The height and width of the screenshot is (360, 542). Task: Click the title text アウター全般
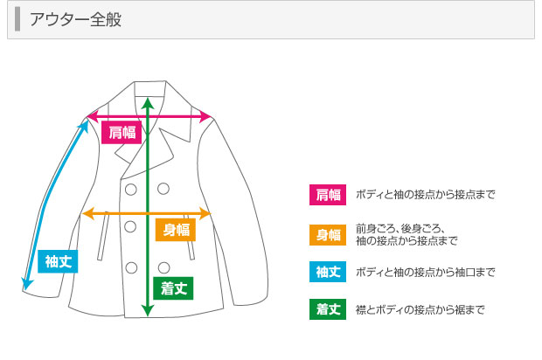pos(75,19)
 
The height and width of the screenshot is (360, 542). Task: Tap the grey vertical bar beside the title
pos(17,19)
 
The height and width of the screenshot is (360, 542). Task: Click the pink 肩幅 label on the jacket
pos(122,132)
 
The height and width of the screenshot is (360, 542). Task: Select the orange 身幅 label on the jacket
pos(176,230)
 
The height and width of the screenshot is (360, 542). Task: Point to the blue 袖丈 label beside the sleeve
pos(58,261)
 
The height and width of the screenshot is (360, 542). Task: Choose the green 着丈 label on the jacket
pos(173,288)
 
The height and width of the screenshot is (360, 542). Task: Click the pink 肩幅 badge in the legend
pos(328,195)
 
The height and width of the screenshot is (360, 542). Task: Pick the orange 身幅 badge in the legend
pos(328,235)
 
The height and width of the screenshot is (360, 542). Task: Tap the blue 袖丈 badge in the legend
pos(328,272)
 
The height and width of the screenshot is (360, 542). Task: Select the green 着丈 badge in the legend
pos(328,309)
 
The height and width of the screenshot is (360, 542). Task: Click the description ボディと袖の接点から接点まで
pos(426,195)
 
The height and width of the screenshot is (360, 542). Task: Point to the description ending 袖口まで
pos(426,273)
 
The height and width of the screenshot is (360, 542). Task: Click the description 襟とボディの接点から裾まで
pos(420,309)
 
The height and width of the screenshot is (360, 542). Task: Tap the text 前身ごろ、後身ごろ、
pos(400,229)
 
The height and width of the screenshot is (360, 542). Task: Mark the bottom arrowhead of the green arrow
pos(148,311)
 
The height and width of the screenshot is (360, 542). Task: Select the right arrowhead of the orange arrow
pos(205,213)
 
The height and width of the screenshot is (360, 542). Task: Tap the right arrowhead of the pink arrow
pos(206,116)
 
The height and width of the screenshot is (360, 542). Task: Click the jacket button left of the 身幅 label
pos(130,226)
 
